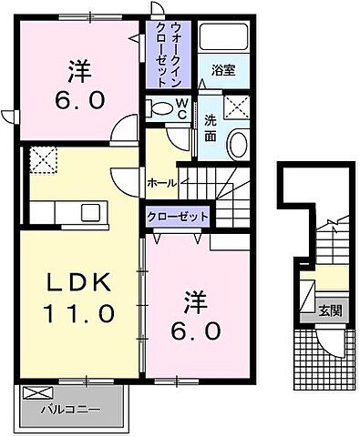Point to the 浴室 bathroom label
[222, 69]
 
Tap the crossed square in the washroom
[238, 107]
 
